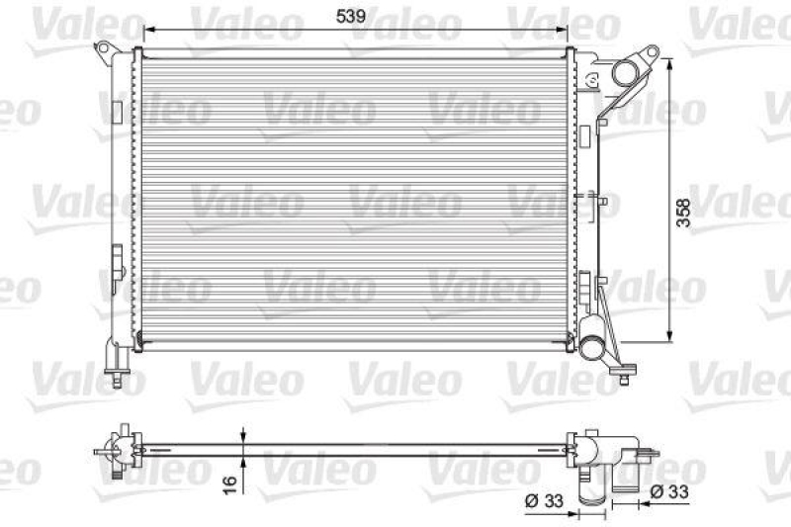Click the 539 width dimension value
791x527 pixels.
[353, 16]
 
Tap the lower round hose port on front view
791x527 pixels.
[592, 346]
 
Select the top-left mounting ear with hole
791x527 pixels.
[104, 49]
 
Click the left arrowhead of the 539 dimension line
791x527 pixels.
[146, 30]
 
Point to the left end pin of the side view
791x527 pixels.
[101, 453]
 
